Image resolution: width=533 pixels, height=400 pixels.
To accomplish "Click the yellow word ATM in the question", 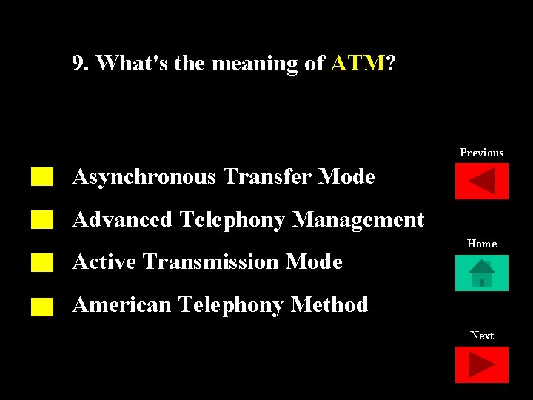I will [358, 64].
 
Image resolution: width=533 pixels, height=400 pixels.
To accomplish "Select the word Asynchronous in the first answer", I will [144, 177].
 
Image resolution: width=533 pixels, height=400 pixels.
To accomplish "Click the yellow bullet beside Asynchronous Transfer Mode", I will [43, 176].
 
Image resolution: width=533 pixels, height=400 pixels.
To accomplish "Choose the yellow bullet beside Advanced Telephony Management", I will [43, 219].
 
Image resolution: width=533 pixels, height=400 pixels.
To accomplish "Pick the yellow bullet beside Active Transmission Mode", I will [43, 262].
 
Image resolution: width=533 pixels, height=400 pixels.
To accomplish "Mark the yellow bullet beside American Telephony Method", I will [43, 306].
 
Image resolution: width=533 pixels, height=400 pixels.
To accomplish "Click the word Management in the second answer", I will [358, 220].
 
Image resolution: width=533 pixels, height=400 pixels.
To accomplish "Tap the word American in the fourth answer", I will [121, 305].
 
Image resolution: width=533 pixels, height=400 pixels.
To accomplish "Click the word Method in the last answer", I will [329, 305].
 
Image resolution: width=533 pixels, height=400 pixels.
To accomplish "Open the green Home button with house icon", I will [482, 273].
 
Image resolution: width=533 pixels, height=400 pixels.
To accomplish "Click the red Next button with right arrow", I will [482, 365].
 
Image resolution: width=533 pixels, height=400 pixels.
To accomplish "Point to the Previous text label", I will [481, 153].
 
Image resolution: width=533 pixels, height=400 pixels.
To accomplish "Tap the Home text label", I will [482, 244].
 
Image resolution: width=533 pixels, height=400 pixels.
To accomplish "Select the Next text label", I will [482, 336].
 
